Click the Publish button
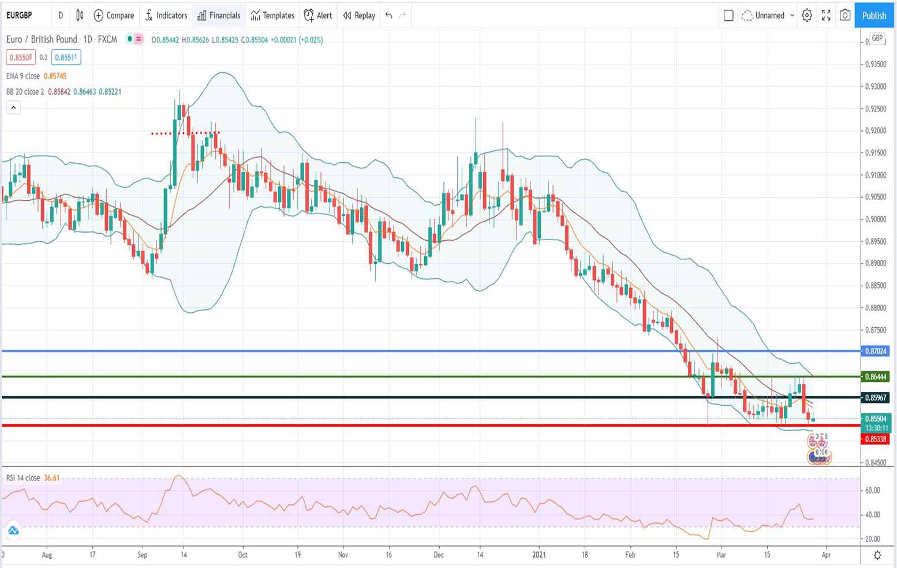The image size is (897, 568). [x=874, y=16]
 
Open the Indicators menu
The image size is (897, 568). [x=166, y=16]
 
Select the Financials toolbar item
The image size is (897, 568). [x=219, y=16]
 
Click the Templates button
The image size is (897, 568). [x=272, y=16]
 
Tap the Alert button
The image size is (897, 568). [x=318, y=16]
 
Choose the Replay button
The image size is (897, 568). [x=359, y=16]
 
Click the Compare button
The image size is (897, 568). [x=114, y=16]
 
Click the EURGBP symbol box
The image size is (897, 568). [x=20, y=16]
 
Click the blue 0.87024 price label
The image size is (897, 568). [x=875, y=351]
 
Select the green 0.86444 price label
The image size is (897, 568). [x=875, y=377]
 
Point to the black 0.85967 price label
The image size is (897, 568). [x=875, y=398]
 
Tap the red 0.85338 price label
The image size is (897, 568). [x=875, y=439]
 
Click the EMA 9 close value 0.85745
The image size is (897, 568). [x=55, y=76]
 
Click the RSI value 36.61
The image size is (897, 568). [x=51, y=478]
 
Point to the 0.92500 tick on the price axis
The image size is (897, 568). [x=876, y=109]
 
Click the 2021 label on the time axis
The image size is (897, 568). [x=539, y=555]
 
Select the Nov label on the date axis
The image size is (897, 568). [x=343, y=555]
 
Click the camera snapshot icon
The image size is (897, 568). [x=845, y=16]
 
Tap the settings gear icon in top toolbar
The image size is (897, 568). [x=807, y=16]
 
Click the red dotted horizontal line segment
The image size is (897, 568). [x=185, y=133]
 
